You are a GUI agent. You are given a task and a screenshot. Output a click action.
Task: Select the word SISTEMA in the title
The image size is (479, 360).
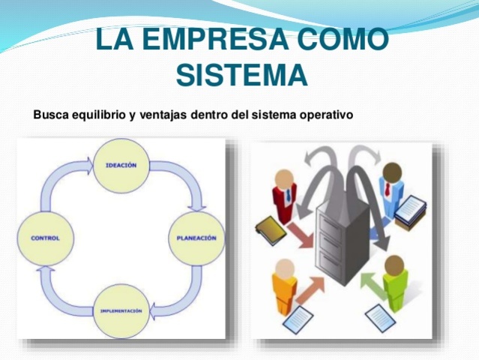point(241,74)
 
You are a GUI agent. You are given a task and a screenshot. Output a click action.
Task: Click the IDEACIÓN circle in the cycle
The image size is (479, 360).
point(121,166)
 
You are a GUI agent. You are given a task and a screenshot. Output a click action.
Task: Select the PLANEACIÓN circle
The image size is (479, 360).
point(196,238)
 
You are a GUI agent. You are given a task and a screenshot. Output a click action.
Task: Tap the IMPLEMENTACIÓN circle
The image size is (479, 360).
point(121,310)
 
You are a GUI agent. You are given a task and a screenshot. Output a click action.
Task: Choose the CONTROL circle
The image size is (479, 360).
point(45,238)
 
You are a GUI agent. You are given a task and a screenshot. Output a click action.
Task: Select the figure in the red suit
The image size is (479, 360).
point(283,199)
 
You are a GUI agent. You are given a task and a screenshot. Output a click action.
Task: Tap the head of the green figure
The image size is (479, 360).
point(394,264)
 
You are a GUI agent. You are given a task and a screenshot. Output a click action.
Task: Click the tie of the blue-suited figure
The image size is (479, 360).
point(388,188)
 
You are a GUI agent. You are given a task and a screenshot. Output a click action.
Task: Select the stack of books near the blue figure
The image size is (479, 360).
point(409,211)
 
